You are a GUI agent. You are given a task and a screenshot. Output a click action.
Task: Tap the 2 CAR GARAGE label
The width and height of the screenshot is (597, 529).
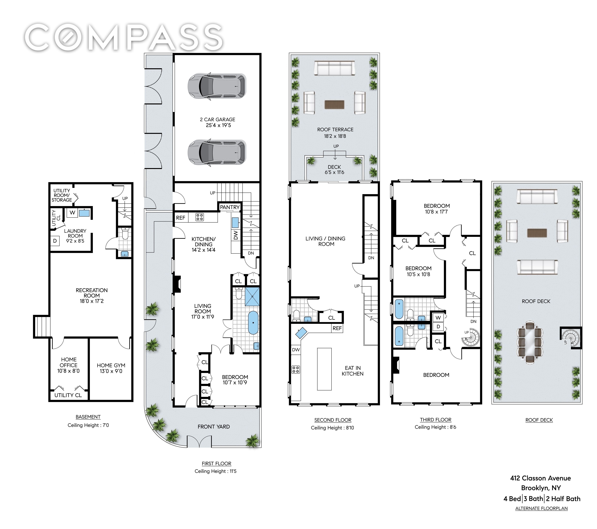click(x=218, y=119)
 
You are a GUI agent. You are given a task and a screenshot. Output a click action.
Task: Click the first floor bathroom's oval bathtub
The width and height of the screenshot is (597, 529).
click(x=253, y=323)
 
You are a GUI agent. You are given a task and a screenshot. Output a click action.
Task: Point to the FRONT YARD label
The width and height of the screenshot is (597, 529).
click(x=214, y=427)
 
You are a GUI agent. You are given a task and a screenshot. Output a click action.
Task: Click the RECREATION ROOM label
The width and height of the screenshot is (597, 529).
click(x=92, y=293)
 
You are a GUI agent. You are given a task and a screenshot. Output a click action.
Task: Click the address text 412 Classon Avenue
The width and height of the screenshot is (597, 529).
click(x=540, y=478)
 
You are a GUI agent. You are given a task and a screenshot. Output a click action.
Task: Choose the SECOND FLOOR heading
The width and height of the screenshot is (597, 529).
click(x=333, y=420)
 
